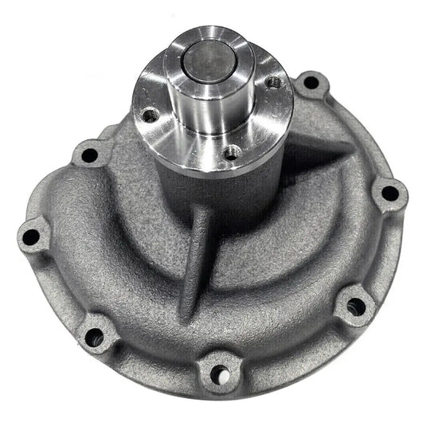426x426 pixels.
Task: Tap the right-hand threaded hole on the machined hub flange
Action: click(x=274, y=83)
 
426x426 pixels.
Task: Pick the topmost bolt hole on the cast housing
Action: click(x=312, y=82)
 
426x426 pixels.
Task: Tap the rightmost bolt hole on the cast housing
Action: click(x=389, y=193)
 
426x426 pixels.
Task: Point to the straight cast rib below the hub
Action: click(x=195, y=255)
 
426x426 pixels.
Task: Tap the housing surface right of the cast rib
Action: click(x=279, y=255)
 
